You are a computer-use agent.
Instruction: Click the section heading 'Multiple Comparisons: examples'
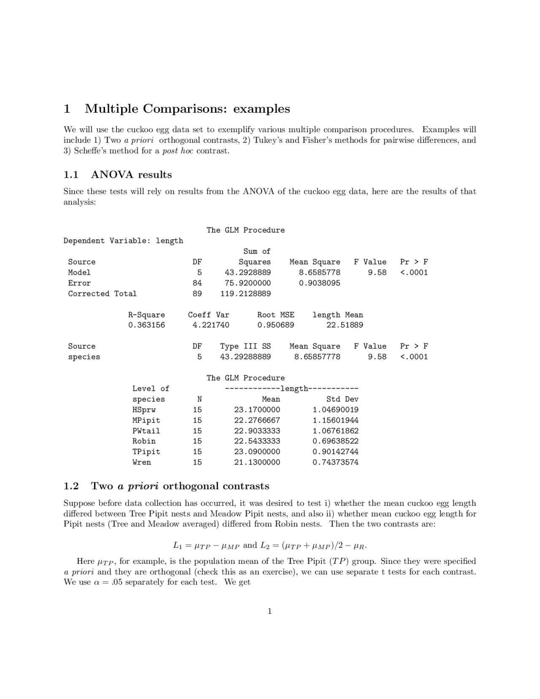click(187, 109)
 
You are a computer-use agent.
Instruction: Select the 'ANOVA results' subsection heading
click(131, 175)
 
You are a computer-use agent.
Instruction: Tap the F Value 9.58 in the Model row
click(377, 272)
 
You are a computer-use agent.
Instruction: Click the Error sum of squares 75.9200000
click(248, 283)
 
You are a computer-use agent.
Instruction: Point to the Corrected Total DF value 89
click(197, 293)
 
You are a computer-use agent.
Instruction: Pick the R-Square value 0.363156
click(146, 325)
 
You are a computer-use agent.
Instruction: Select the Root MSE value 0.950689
click(275, 325)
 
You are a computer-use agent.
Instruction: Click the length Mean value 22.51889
click(344, 325)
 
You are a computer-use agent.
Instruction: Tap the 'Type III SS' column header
click(245, 346)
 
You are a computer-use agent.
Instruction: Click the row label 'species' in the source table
click(84, 357)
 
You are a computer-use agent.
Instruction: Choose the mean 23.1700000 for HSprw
click(257, 409)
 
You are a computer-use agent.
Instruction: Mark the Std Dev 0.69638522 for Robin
click(335, 441)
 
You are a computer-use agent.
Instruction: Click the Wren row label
click(141, 462)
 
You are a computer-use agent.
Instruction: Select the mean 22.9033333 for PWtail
click(257, 431)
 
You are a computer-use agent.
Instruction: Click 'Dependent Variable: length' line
click(123, 241)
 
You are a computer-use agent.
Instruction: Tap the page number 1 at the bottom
click(270, 611)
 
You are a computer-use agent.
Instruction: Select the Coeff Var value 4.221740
click(208, 325)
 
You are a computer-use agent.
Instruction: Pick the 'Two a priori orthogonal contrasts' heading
click(180, 486)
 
